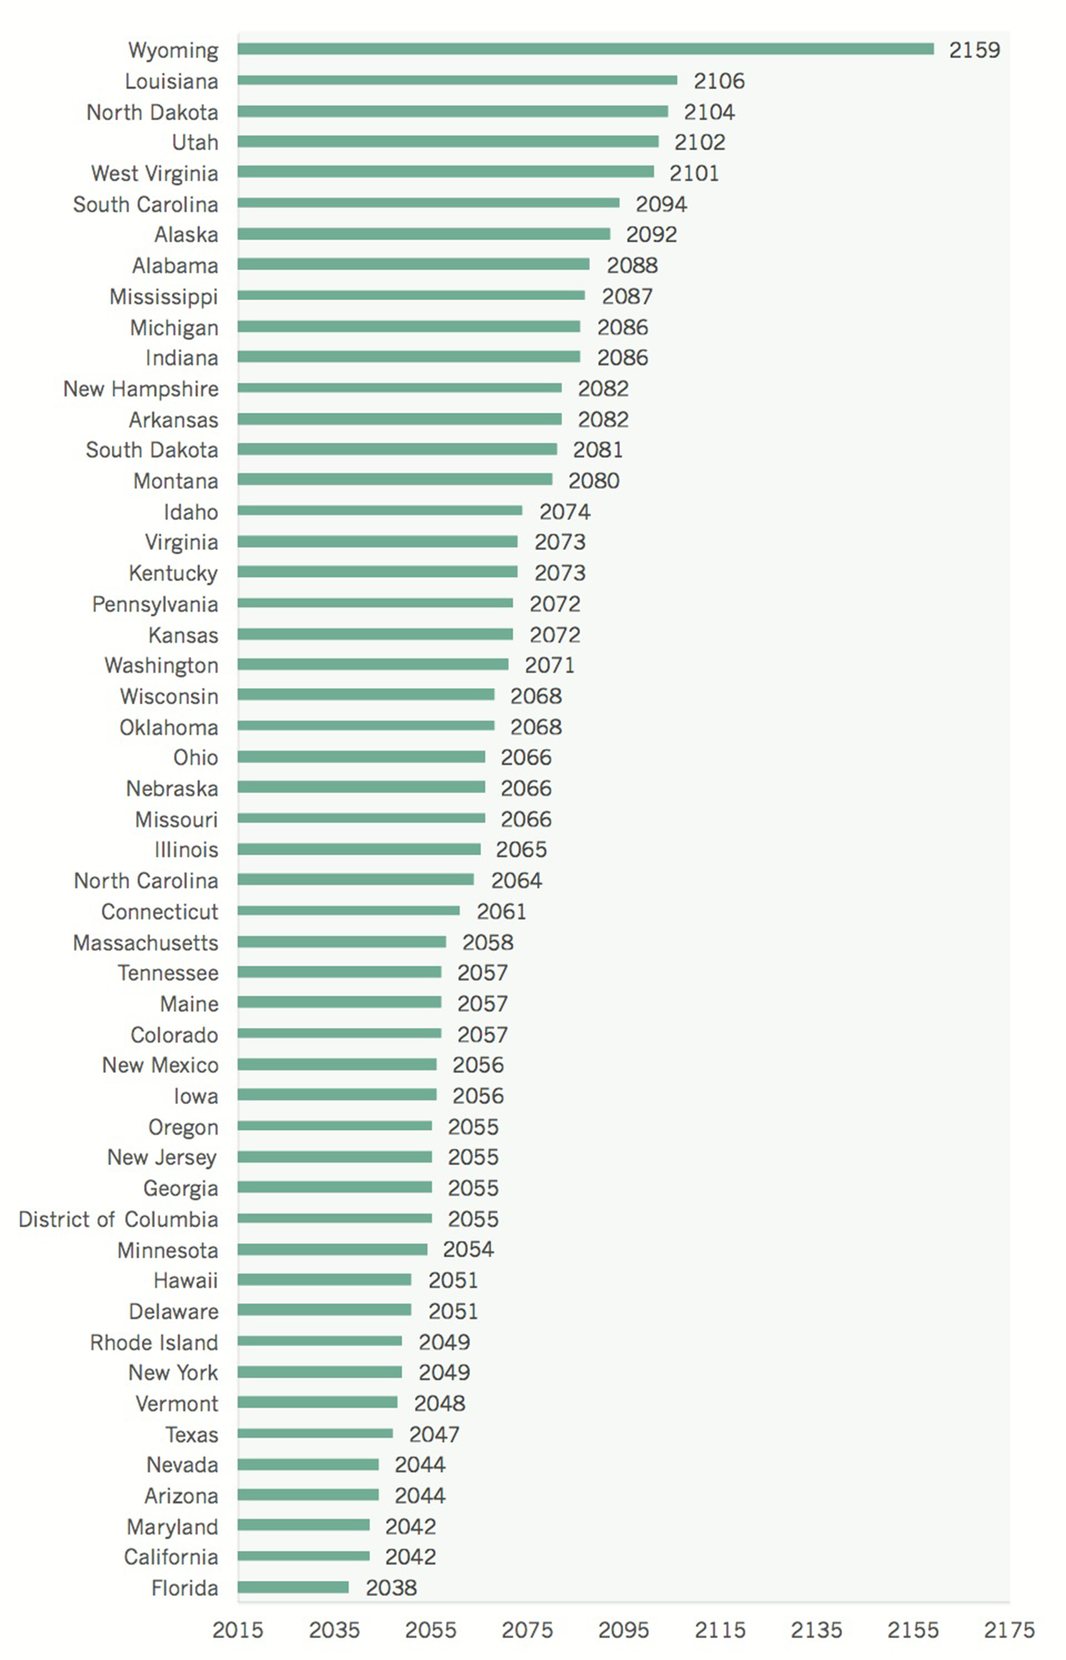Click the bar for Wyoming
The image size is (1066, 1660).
585,49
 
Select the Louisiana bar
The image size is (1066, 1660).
457,81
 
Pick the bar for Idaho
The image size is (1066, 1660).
379,511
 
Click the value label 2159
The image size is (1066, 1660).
974,50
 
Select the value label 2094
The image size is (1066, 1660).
661,204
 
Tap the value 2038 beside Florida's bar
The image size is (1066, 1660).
391,1587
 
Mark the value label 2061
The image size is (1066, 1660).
501,911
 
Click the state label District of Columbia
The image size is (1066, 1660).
118,1219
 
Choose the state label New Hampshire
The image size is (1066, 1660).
140,389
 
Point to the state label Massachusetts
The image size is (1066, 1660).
145,943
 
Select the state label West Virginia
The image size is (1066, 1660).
154,173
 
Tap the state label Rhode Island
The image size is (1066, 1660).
154,1342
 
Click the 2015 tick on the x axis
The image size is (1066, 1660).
238,1629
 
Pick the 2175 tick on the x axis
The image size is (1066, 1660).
1009,1629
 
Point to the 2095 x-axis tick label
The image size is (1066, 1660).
623,1629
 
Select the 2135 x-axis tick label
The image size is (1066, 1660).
816,1629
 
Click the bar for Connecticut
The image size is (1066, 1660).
348,911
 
